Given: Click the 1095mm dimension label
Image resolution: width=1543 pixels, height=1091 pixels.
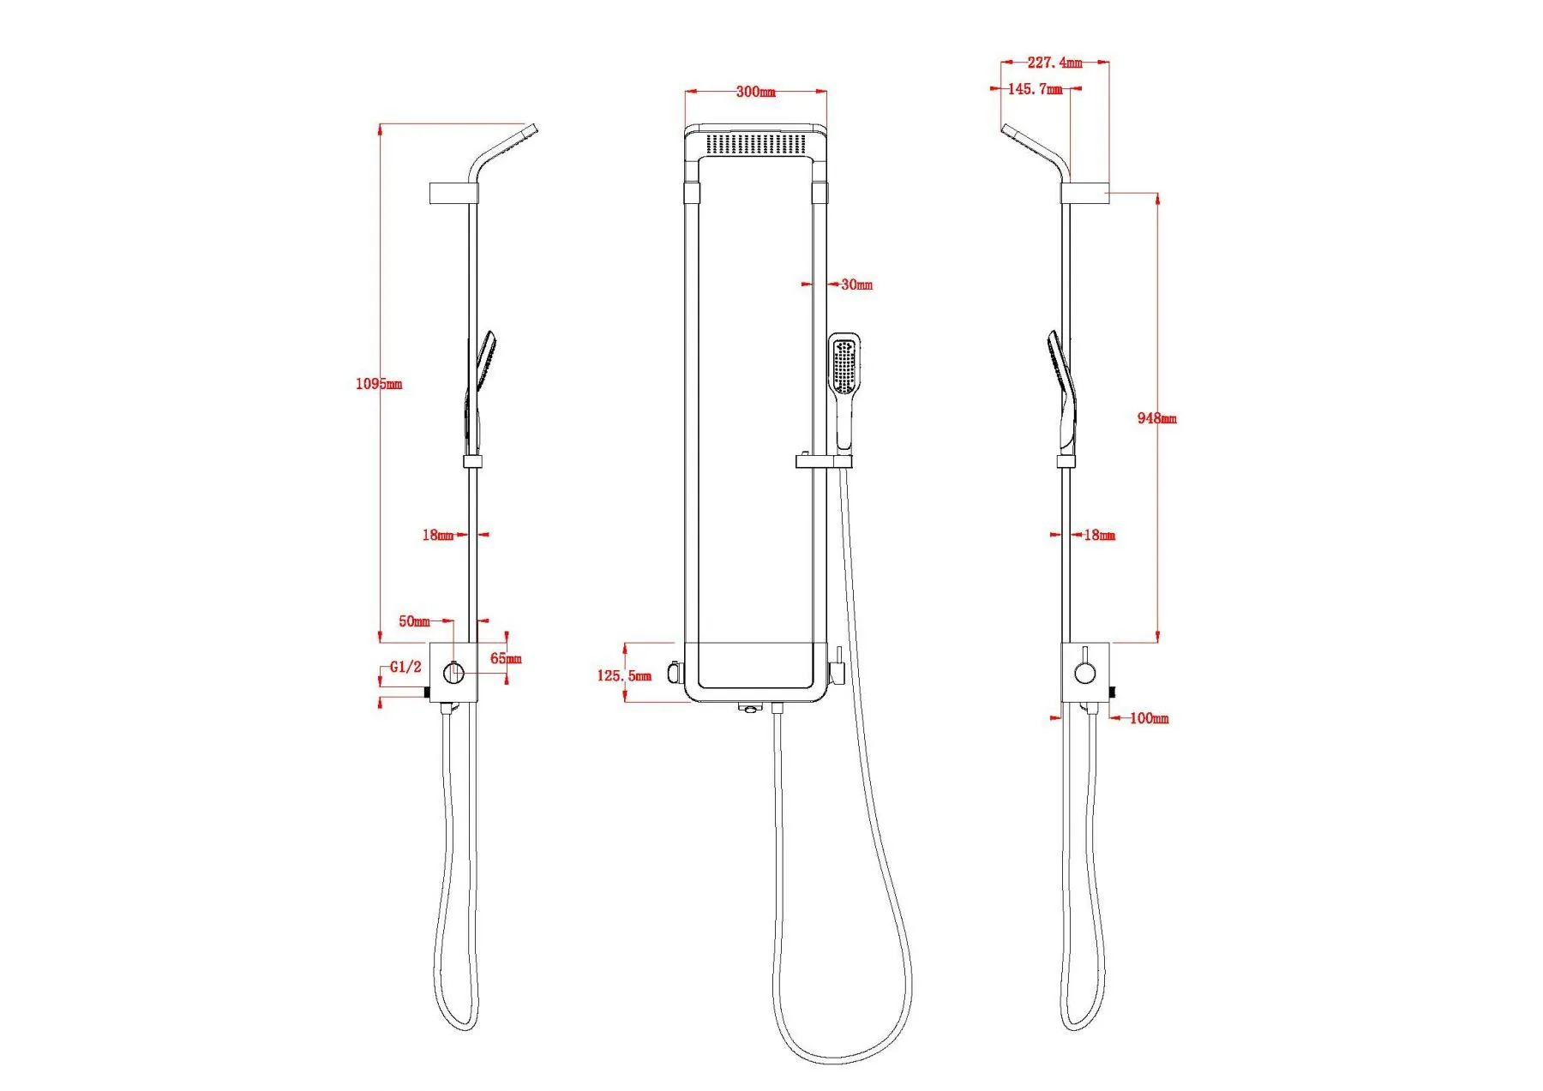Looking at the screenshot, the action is pos(379,384).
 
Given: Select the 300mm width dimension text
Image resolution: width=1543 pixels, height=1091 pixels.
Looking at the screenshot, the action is pos(755,92).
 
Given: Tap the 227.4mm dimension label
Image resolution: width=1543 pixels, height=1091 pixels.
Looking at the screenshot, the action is pos(1054,63).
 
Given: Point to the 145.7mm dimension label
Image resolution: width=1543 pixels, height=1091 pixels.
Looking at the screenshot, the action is pos(1035,89).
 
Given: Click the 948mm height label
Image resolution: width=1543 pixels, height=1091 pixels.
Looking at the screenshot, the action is pos(1156,418).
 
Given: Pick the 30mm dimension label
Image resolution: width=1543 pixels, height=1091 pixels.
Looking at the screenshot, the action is pos(856,285).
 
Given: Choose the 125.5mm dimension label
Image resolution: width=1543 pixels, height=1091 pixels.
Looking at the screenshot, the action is pos(624,675).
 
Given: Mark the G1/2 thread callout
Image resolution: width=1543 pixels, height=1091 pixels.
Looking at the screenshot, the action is pos(405,667).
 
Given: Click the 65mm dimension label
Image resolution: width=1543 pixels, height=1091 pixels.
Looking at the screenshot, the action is pos(506,659).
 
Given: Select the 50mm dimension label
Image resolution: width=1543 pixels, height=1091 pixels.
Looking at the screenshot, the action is pos(414,621).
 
